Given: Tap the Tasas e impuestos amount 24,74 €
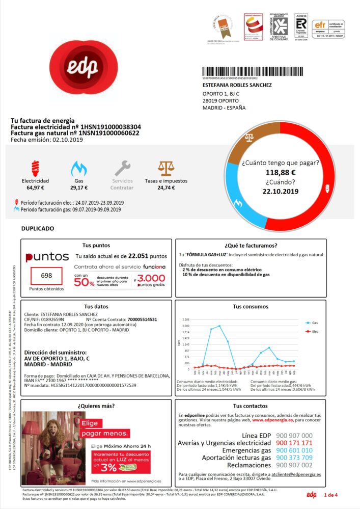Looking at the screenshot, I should (165, 187).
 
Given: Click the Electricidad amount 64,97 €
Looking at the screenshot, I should (35, 187).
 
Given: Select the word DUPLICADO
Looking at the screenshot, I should (37, 229).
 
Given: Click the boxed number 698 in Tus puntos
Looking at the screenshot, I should (46, 276).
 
